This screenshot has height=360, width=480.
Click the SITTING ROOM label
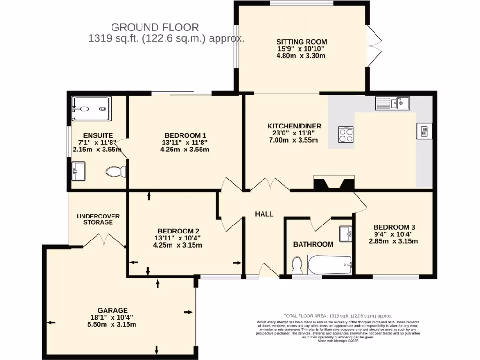tap(301, 42)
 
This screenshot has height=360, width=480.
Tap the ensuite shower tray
tap(91, 108)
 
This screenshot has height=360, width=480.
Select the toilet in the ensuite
tap(116, 172)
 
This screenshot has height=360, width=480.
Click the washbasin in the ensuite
tap(79, 171)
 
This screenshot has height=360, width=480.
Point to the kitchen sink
tap(392, 103)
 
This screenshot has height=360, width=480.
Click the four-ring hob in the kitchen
tap(346, 134)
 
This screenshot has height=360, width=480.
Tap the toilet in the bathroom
tap(296, 265)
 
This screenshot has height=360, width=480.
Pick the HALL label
tap(264, 214)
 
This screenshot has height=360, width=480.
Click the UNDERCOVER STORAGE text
tap(98, 219)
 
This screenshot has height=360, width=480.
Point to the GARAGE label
tap(112, 310)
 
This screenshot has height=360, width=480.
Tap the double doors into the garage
tap(104, 241)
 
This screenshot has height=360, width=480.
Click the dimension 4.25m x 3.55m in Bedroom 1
tap(184, 150)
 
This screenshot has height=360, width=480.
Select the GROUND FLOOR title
tap(155, 28)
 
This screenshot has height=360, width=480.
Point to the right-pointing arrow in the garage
tap(188, 312)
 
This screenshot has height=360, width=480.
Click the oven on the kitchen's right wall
tap(423, 131)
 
